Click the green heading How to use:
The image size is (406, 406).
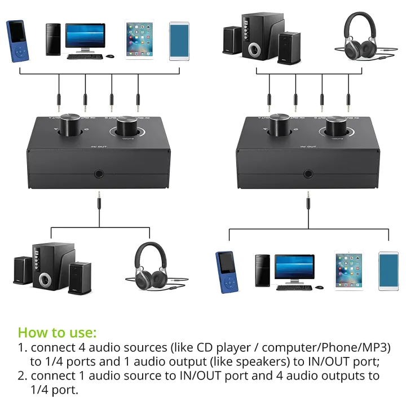pyautogui.click(x=57, y=332)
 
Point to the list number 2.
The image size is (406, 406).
pyautogui.click(x=22, y=376)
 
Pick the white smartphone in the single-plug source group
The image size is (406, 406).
pyautogui.click(x=388, y=271)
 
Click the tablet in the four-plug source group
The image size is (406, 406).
pyautogui.click(x=138, y=41)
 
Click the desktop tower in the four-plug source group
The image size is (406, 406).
pyautogui.click(x=54, y=39)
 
